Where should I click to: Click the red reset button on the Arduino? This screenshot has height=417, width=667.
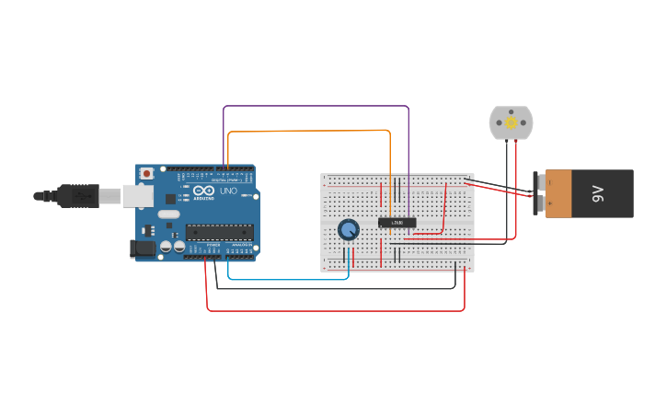[145, 173]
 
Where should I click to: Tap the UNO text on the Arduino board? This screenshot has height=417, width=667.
[228, 191]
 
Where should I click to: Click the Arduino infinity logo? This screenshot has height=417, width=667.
[203, 191]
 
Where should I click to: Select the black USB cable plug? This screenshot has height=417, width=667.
[77, 195]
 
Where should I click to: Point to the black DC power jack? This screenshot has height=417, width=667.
[144, 248]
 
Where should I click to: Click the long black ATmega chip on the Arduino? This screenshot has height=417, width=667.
[219, 232]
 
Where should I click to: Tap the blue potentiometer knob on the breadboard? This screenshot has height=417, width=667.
[348, 229]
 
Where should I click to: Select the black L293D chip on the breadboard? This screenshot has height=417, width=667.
[397, 222]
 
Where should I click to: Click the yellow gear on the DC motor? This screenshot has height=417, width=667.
[511, 122]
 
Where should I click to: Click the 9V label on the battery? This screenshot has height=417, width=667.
[597, 193]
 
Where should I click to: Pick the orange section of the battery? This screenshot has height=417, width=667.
[558, 193]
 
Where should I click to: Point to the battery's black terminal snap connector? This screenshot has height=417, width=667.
[539, 193]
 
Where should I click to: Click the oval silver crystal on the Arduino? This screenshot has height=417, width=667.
[168, 214]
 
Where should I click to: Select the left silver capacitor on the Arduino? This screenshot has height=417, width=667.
[166, 247]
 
